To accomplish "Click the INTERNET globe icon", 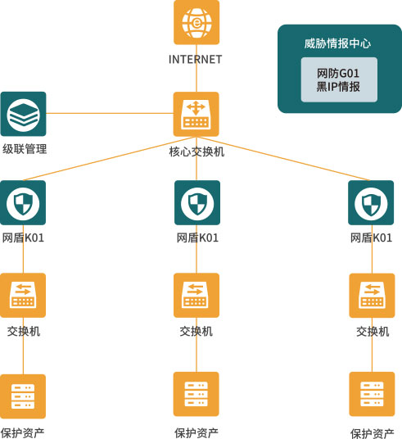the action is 196,22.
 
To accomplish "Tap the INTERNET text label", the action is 196,59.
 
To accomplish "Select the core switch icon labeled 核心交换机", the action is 196,114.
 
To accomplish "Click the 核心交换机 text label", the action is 196,152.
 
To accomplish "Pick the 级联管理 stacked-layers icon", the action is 23,114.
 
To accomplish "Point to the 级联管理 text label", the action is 25,149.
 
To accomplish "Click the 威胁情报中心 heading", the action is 337,43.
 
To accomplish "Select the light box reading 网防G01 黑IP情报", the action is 339,79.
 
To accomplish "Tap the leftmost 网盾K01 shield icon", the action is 23,202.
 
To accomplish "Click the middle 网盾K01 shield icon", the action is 197,202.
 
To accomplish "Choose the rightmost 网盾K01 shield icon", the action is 371,202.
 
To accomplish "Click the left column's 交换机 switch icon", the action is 23,296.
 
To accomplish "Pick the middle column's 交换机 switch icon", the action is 196,296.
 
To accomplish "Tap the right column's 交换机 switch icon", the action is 372,296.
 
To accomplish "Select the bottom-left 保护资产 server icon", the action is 23,396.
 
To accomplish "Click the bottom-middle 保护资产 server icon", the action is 196,394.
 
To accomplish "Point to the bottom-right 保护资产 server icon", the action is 372,394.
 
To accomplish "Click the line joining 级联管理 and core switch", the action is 110,113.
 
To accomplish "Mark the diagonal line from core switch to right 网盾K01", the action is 283,158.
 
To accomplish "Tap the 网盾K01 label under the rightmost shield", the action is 371,238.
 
